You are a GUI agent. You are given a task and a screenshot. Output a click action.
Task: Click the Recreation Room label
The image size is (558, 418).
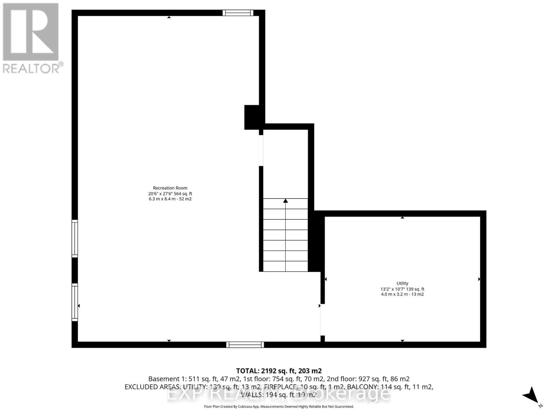click(x=170, y=188)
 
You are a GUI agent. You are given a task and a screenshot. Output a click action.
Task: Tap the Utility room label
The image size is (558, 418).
click(x=402, y=283)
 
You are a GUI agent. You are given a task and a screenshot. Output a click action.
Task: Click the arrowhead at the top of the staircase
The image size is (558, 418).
click(x=285, y=201)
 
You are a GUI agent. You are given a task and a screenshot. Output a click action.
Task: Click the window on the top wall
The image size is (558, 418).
click(x=238, y=13)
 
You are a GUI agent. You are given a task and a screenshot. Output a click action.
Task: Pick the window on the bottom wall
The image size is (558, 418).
click(x=245, y=345)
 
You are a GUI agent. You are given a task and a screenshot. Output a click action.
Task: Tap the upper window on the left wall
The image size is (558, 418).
click(x=75, y=239)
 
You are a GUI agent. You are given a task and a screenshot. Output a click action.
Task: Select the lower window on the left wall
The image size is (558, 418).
click(x=75, y=302)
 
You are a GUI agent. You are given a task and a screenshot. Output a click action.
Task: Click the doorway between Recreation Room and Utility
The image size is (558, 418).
click(x=322, y=320)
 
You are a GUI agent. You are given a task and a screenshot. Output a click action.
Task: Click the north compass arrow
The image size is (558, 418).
click(x=531, y=396)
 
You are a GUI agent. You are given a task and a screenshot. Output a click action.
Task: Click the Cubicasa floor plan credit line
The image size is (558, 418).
click(x=279, y=407)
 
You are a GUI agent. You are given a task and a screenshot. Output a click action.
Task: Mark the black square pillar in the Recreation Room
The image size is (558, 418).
click(x=251, y=117)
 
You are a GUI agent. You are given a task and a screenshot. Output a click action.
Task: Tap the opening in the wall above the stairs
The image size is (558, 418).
click(x=261, y=150)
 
